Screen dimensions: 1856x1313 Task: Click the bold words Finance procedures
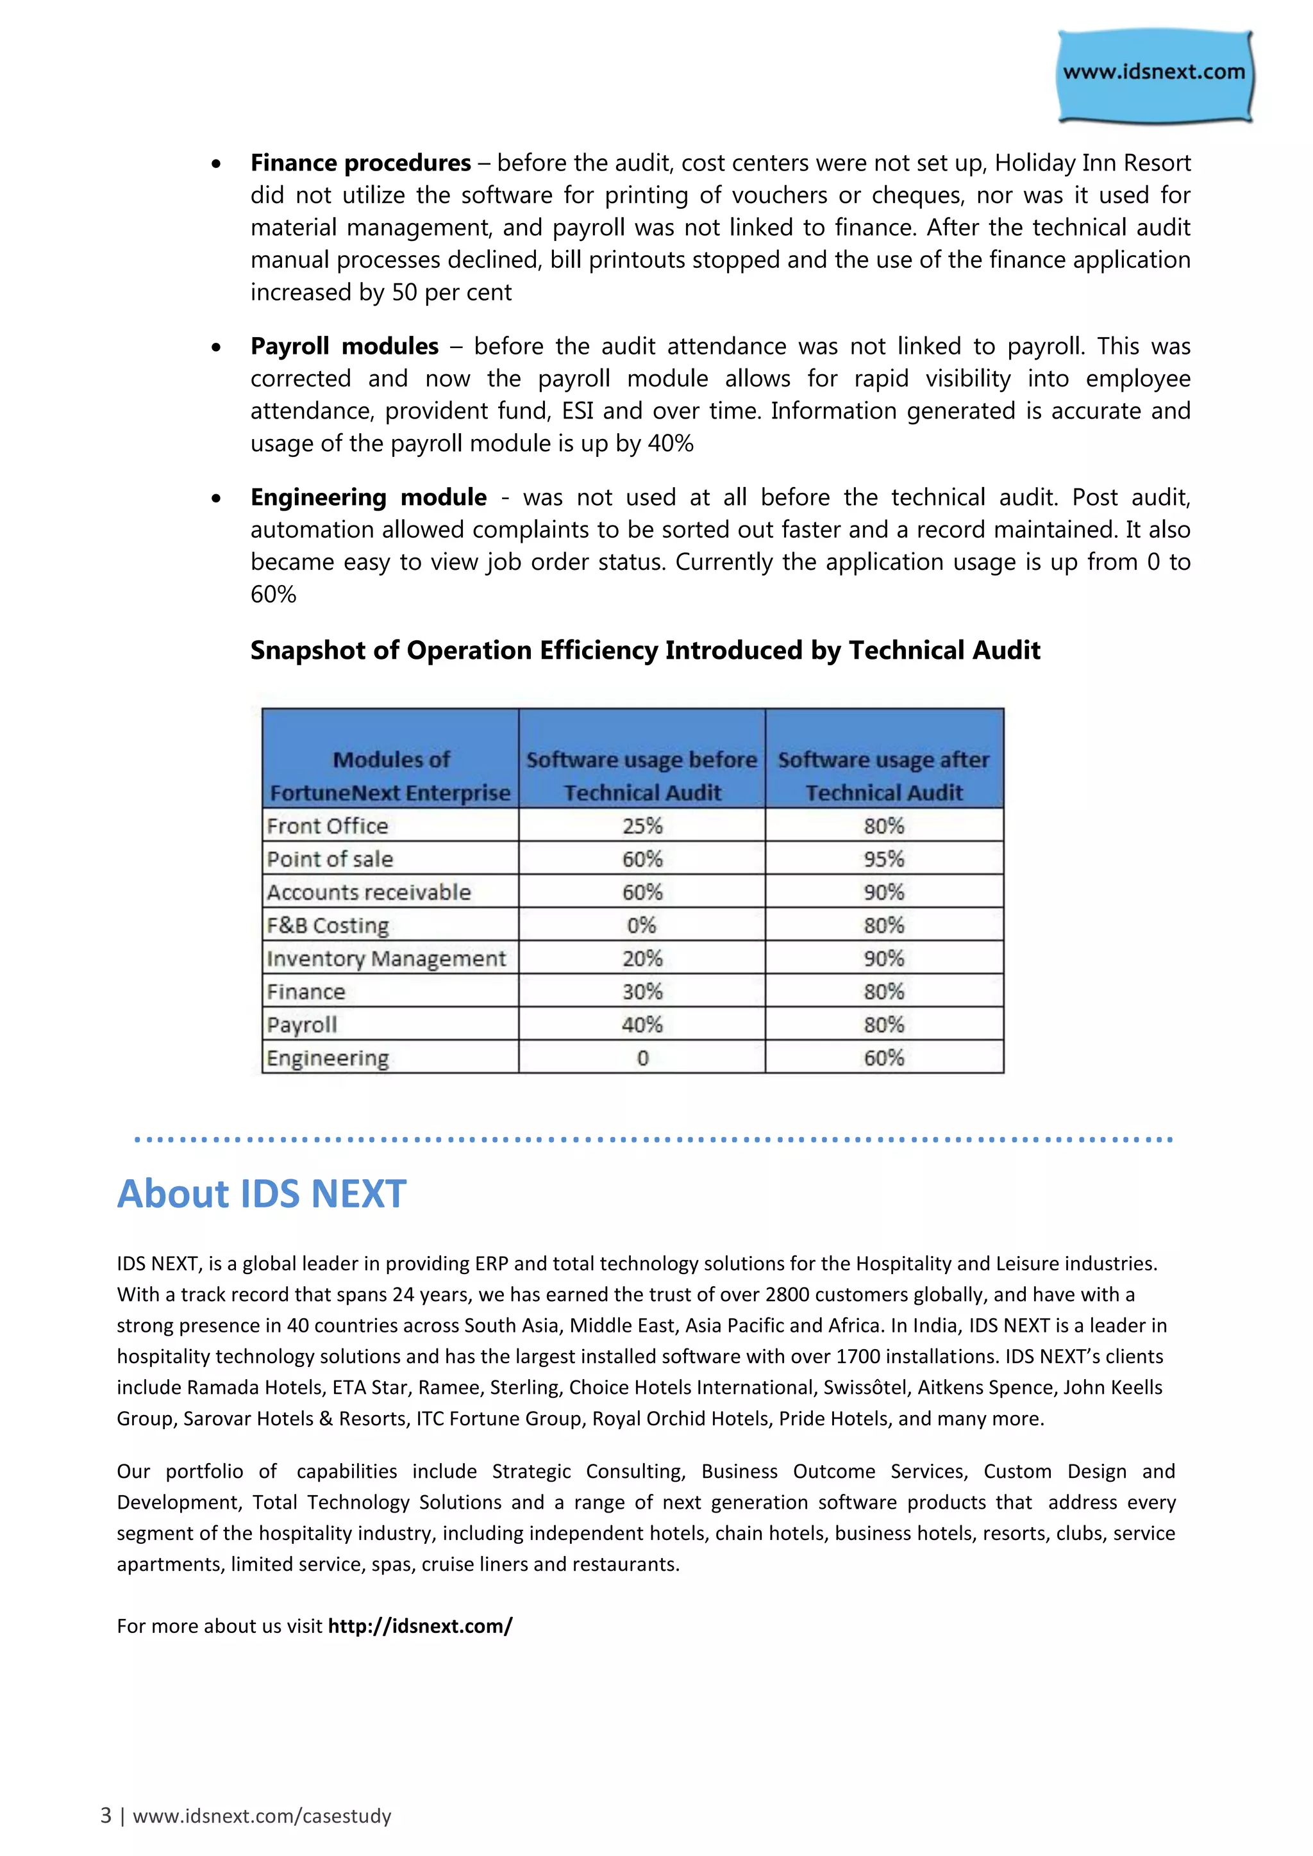(x=360, y=163)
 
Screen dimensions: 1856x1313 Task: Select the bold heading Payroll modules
(x=344, y=347)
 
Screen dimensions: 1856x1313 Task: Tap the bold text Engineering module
(x=369, y=498)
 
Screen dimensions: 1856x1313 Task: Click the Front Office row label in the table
(x=328, y=826)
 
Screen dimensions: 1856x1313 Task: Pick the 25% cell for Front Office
(x=642, y=826)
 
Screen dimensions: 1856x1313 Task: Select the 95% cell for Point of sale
(x=883, y=859)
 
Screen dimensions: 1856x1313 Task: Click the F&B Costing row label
(x=328, y=925)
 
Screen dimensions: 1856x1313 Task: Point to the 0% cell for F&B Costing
(x=642, y=925)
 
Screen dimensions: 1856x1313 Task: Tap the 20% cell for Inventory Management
(x=642, y=959)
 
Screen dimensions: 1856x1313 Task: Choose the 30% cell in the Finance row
(x=642, y=992)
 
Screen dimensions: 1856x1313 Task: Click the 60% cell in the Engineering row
(x=883, y=1058)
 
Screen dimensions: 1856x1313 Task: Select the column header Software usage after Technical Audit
(x=883, y=775)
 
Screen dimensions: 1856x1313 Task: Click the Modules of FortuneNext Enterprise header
(x=390, y=775)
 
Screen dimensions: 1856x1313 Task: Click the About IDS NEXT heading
(x=261, y=1195)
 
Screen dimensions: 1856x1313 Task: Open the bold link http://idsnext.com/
(x=420, y=1626)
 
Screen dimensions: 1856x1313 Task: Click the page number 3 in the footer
(x=106, y=1816)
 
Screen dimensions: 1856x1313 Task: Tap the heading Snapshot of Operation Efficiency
(x=644, y=650)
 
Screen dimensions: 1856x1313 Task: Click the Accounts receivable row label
(x=369, y=893)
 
